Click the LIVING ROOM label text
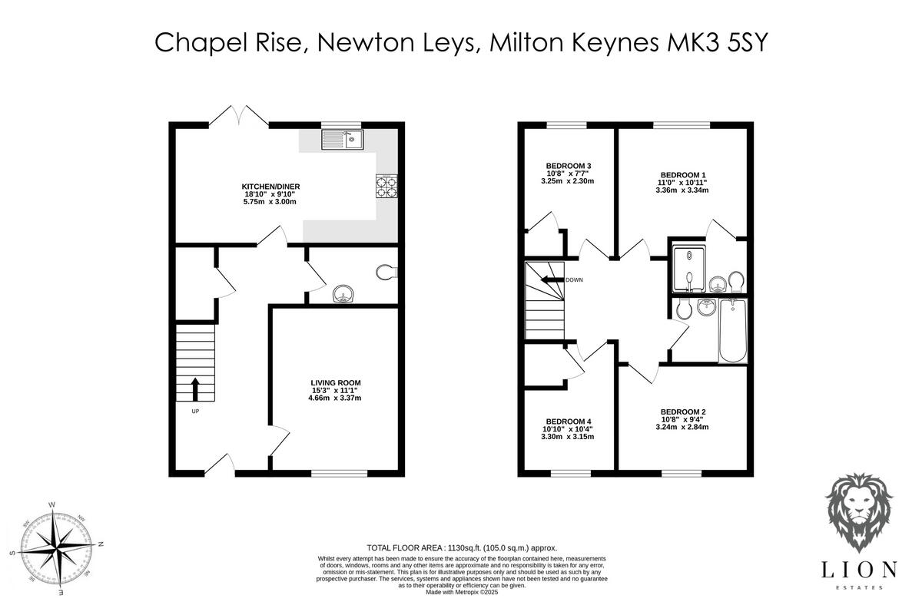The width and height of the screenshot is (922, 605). point(335,382)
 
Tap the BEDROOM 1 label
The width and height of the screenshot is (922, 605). point(682,174)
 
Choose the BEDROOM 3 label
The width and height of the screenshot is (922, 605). point(568,166)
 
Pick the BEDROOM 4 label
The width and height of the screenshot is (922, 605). point(569,422)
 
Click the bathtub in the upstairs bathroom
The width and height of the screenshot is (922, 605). point(732,331)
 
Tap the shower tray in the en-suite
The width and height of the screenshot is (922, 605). point(688,269)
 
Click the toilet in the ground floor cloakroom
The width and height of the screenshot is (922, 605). point(386,271)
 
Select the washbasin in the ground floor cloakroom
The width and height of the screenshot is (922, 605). point(341,293)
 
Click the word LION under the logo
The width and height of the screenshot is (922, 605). point(859,569)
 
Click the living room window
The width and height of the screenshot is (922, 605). point(339,474)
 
